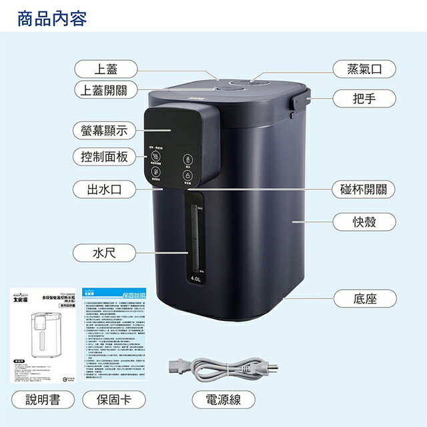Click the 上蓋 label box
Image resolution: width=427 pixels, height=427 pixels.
[105, 68]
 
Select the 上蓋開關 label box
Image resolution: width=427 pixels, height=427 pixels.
[105, 89]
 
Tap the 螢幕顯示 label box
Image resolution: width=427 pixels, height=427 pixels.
[105, 131]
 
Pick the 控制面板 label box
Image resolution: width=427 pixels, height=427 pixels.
[105, 157]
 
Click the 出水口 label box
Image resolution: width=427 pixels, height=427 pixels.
[105, 189]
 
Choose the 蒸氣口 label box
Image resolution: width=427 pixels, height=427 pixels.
[364, 69]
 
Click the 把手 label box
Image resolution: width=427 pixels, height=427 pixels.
[364, 99]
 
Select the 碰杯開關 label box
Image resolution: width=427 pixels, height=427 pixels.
[364, 189]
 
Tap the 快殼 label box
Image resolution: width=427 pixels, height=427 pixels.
[364, 220]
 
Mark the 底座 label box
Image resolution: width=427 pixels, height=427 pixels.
[364, 298]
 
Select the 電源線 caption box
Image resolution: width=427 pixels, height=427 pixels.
[224, 400]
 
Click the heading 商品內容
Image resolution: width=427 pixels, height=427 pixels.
[52, 18]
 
